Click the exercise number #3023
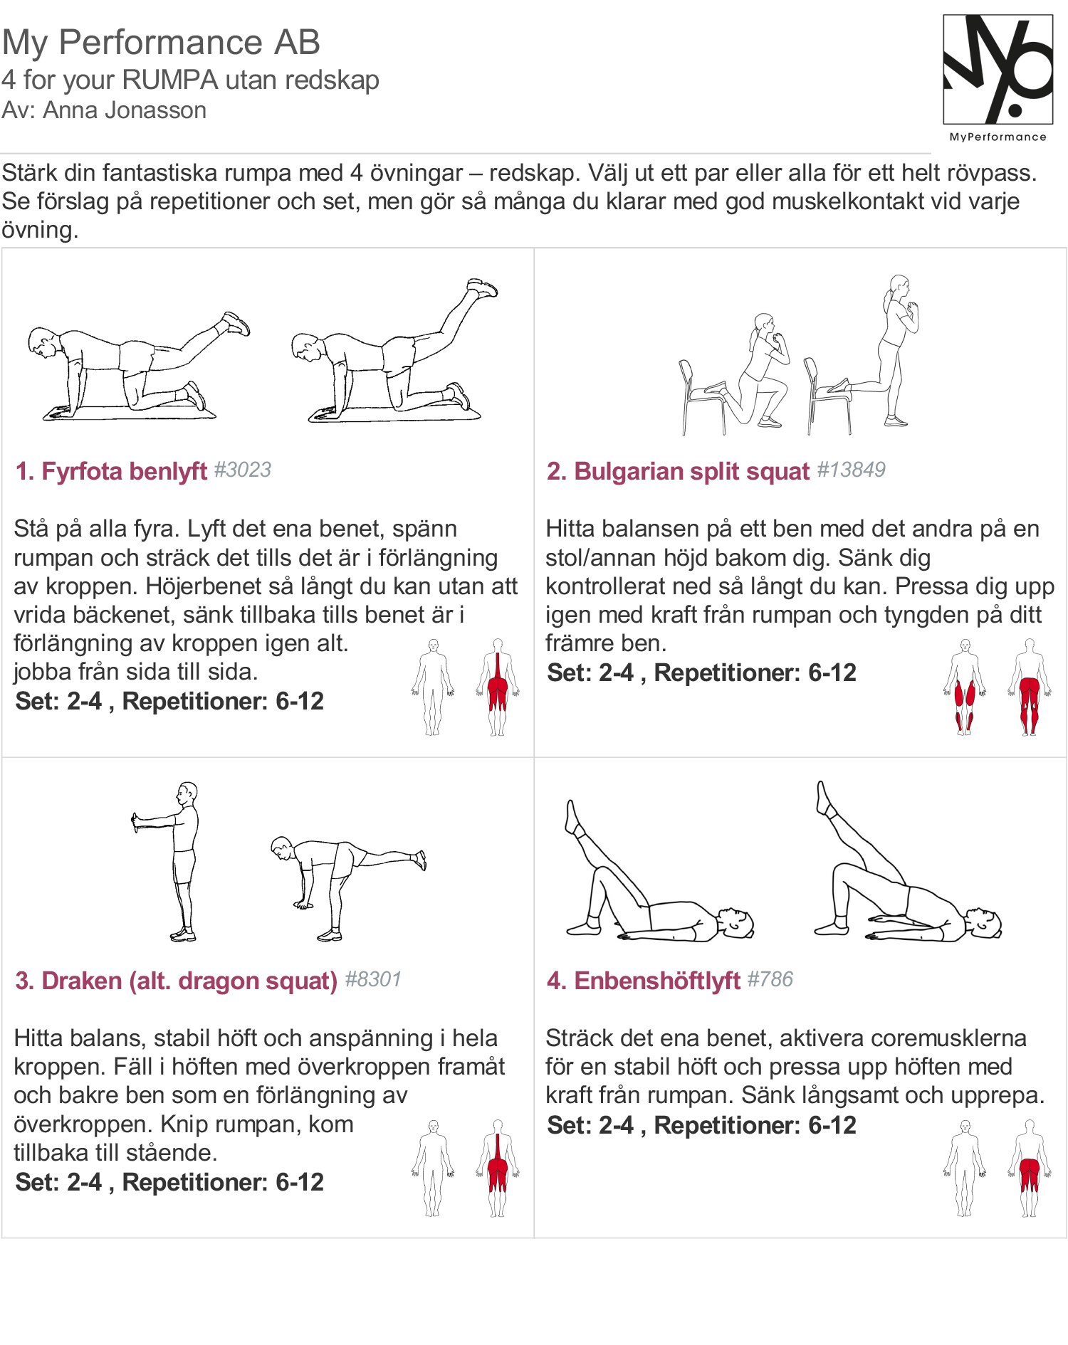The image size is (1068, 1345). coord(243,470)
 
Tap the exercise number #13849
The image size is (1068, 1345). coord(851,470)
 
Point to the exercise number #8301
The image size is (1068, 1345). coord(373,980)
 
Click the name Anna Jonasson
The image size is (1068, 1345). coord(125,111)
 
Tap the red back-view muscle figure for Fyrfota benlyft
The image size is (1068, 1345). coord(498,687)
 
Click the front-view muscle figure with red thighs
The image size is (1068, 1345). coord(965,687)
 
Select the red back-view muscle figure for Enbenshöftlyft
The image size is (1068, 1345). coord(1030,1169)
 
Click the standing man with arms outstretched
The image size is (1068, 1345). coord(178,861)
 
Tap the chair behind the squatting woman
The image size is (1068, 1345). coord(698,395)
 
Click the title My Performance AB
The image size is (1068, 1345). coord(161,42)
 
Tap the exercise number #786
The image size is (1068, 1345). coord(770,980)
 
